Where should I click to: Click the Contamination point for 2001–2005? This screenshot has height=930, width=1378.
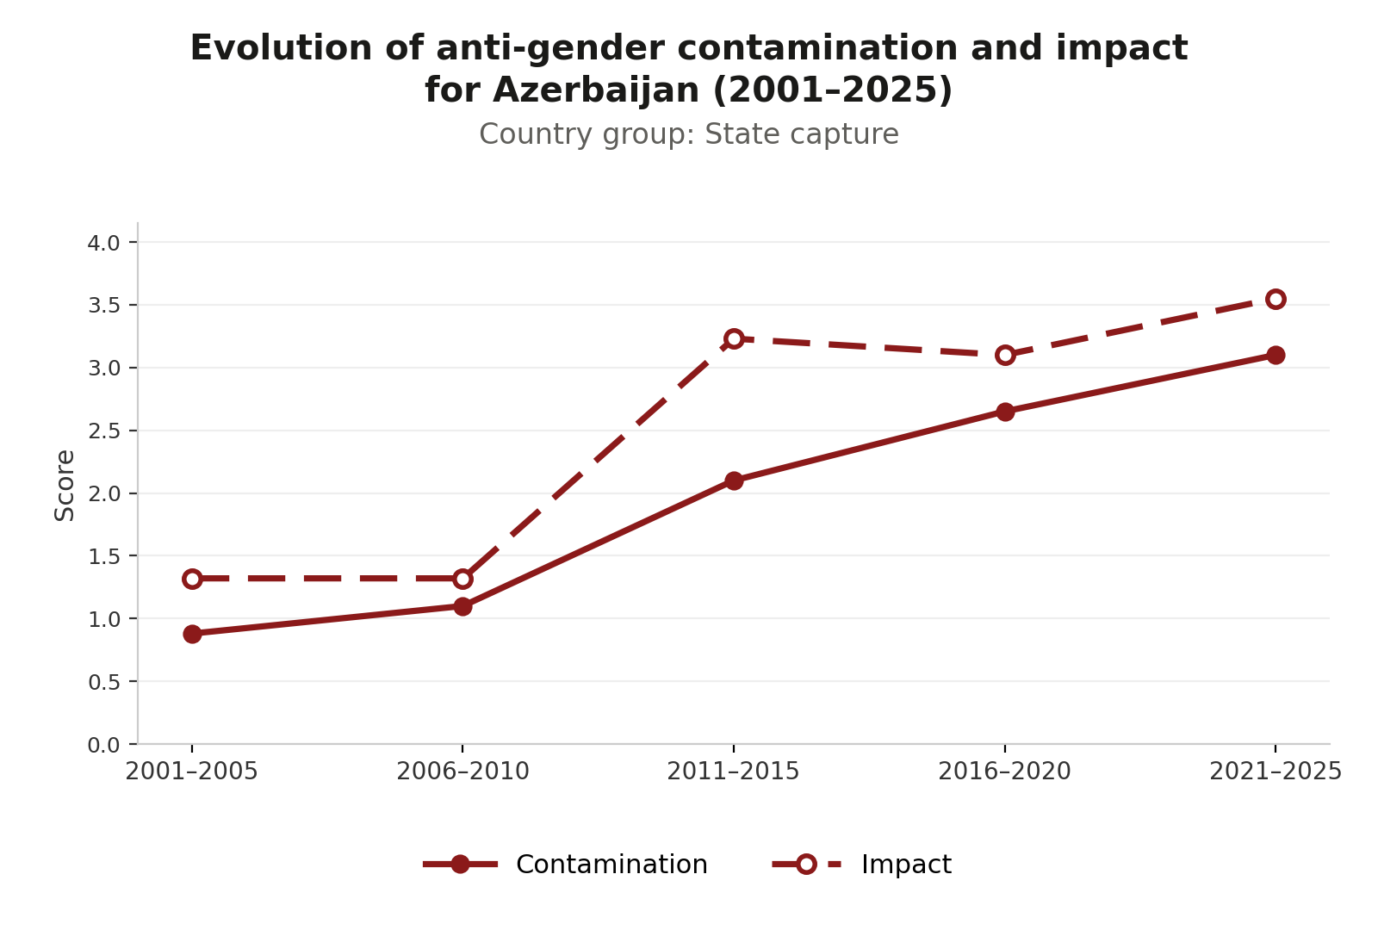point(192,634)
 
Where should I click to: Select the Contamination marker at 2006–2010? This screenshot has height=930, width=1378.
point(462,606)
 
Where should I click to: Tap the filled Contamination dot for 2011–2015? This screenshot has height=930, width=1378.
point(733,480)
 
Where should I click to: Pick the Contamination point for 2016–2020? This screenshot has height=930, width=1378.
point(1004,412)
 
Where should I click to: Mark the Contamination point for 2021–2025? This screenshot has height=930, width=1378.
point(1276,355)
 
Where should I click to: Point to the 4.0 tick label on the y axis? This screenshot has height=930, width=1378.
point(104,243)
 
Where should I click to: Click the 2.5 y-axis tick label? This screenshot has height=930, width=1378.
point(104,431)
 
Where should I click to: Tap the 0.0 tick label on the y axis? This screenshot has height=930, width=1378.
point(104,746)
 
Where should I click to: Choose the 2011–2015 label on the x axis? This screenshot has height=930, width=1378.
point(733,772)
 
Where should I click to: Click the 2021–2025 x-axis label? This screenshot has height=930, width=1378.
point(1276,772)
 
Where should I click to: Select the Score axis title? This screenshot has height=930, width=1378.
point(64,486)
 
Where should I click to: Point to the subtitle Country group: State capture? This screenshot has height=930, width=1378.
point(689,134)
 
